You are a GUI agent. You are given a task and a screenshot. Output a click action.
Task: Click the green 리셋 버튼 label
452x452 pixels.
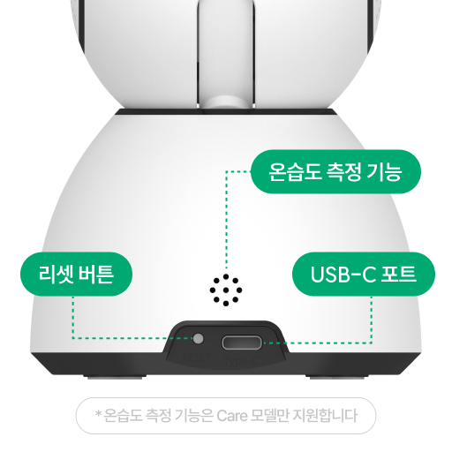pyautogui.click(x=76, y=274)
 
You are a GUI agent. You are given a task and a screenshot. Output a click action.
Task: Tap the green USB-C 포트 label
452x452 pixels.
pyautogui.click(x=364, y=274)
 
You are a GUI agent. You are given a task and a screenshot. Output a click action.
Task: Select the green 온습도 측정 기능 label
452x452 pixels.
pyautogui.click(x=335, y=171)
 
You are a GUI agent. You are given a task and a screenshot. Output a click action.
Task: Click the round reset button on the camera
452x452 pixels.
pyautogui.click(x=199, y=338)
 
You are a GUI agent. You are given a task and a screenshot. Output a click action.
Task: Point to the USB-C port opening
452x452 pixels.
pyautogui.click(x=242, y=343)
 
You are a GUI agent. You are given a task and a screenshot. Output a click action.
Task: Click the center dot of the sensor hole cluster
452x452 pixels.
pyautogui.click(x=226, y=290)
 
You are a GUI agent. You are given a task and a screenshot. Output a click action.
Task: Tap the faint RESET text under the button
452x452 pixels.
pyautogui.click(x=197, y=358)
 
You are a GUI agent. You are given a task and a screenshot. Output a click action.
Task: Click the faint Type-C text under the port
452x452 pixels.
pyautogui.click(x=241, y=361)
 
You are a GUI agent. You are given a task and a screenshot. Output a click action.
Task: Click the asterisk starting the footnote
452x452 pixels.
pyautogui.click(x=99, y=413)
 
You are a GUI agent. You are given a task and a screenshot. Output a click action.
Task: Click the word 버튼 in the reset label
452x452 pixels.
pyautogui.click(x=96, y=274)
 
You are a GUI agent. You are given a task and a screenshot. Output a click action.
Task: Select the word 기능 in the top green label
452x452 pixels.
pyautogui.click(x=384, y=172)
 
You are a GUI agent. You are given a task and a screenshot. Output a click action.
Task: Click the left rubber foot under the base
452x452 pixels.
pyautogui.click(x=115, y=377)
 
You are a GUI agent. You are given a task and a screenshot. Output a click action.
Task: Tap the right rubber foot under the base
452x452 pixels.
pyautogui.click(x=337, y=377)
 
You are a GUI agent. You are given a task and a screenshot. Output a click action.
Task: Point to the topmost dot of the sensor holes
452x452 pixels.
pyautogui.click(x=226, y=277)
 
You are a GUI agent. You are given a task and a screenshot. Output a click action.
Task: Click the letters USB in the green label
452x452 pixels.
pyautogui.click(x=328, y=274)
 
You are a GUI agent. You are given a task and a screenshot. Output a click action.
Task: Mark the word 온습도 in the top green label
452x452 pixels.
pyautogui.click(x=295, y=172)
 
